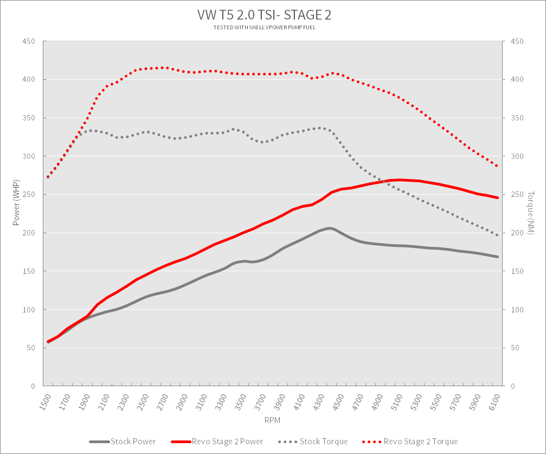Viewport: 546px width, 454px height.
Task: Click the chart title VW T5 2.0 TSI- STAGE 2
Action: (264, 15)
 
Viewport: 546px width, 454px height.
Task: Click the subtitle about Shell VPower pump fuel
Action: (264, 28)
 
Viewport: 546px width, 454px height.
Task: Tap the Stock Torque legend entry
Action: (313, 442)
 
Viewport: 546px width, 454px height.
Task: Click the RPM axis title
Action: (272, 420)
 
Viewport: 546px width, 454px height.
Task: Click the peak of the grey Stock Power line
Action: (329, 228)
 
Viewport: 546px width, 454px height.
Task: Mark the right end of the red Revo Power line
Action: (497, 197)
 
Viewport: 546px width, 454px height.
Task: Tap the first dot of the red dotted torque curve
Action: (48, 177)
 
